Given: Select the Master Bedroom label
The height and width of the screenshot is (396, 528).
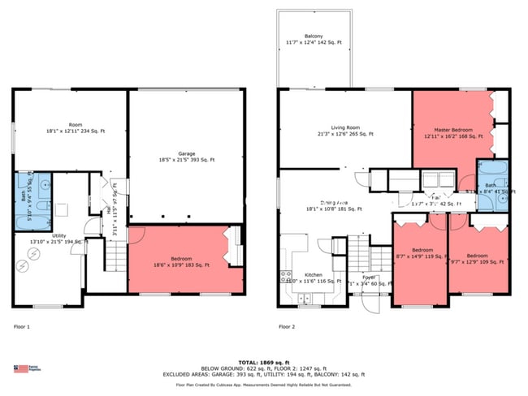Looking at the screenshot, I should pos(452,133).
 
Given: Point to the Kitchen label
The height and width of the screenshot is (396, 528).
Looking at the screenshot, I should pos(314,279).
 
